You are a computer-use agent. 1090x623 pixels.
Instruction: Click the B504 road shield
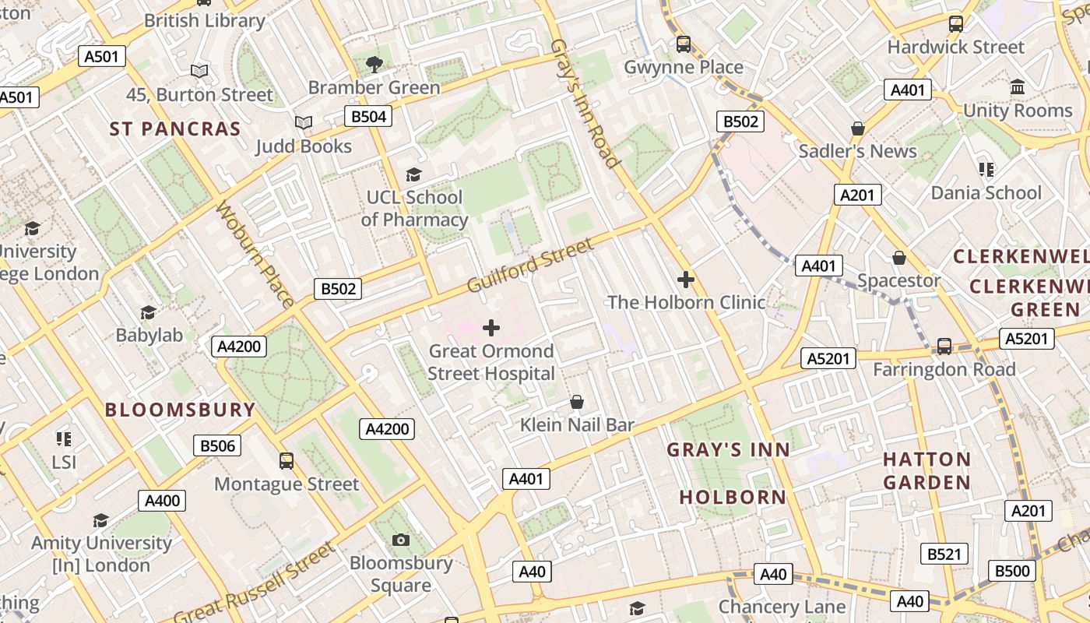click(x=368, y=117)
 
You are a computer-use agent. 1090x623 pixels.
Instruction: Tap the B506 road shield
click(x=217, y=445)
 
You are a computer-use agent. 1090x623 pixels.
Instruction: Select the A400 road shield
click(x=162, y=501)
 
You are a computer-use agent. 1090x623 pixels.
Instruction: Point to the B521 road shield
click(x=944, y=554)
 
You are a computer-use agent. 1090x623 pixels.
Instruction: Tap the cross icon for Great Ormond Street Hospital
click(x=491, y=328)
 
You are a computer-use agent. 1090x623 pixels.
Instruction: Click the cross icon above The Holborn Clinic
click(x=686, y=279)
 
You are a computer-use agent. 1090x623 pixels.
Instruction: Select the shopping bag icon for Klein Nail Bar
click(x=577, y=402)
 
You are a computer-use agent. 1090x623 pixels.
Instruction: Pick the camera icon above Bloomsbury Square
click(x=401, y=540)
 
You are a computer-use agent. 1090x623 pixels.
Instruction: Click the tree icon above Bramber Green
click(x=374, y=64)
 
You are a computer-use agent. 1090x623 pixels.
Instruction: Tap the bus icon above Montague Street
click(x=287, y=460)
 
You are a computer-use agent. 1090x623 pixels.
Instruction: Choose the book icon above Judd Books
click(x=304, y=123)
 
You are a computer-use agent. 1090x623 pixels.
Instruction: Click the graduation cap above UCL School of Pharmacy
click(x=413, y=174)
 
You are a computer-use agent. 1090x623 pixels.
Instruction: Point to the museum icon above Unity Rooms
click(x=1018, y=86)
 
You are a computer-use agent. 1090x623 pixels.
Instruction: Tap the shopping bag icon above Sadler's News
click(x=858, y=128)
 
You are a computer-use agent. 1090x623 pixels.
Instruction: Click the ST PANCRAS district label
click(x=175, y=129)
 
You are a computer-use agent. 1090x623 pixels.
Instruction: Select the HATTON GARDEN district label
click(x=926, y=470)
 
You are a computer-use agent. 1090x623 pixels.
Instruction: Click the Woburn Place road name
click(x=255, y=254)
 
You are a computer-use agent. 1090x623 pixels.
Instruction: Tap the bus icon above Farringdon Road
click(x=944, y=346)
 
